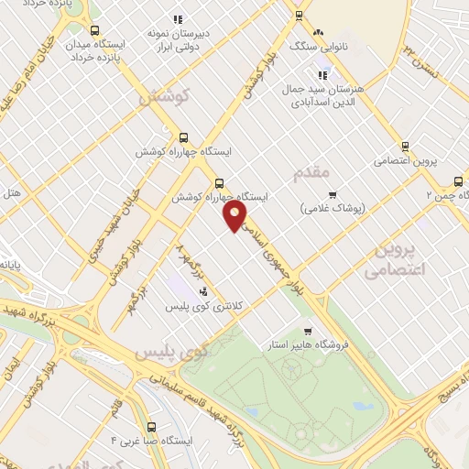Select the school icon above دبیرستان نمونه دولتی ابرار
coord(178,18)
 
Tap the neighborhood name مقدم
coord(311,172)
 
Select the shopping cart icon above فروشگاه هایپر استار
coord(309,332)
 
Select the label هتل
coord(12,193)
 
